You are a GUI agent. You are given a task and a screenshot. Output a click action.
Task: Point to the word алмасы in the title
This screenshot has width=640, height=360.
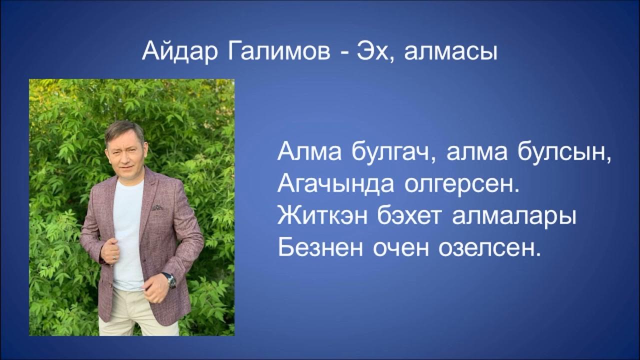click(x=450, y=52)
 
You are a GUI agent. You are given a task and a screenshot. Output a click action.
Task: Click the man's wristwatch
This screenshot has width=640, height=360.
click(x=169, y=279)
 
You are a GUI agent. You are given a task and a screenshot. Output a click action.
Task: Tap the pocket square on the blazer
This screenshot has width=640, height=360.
click(x=157, y=207)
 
